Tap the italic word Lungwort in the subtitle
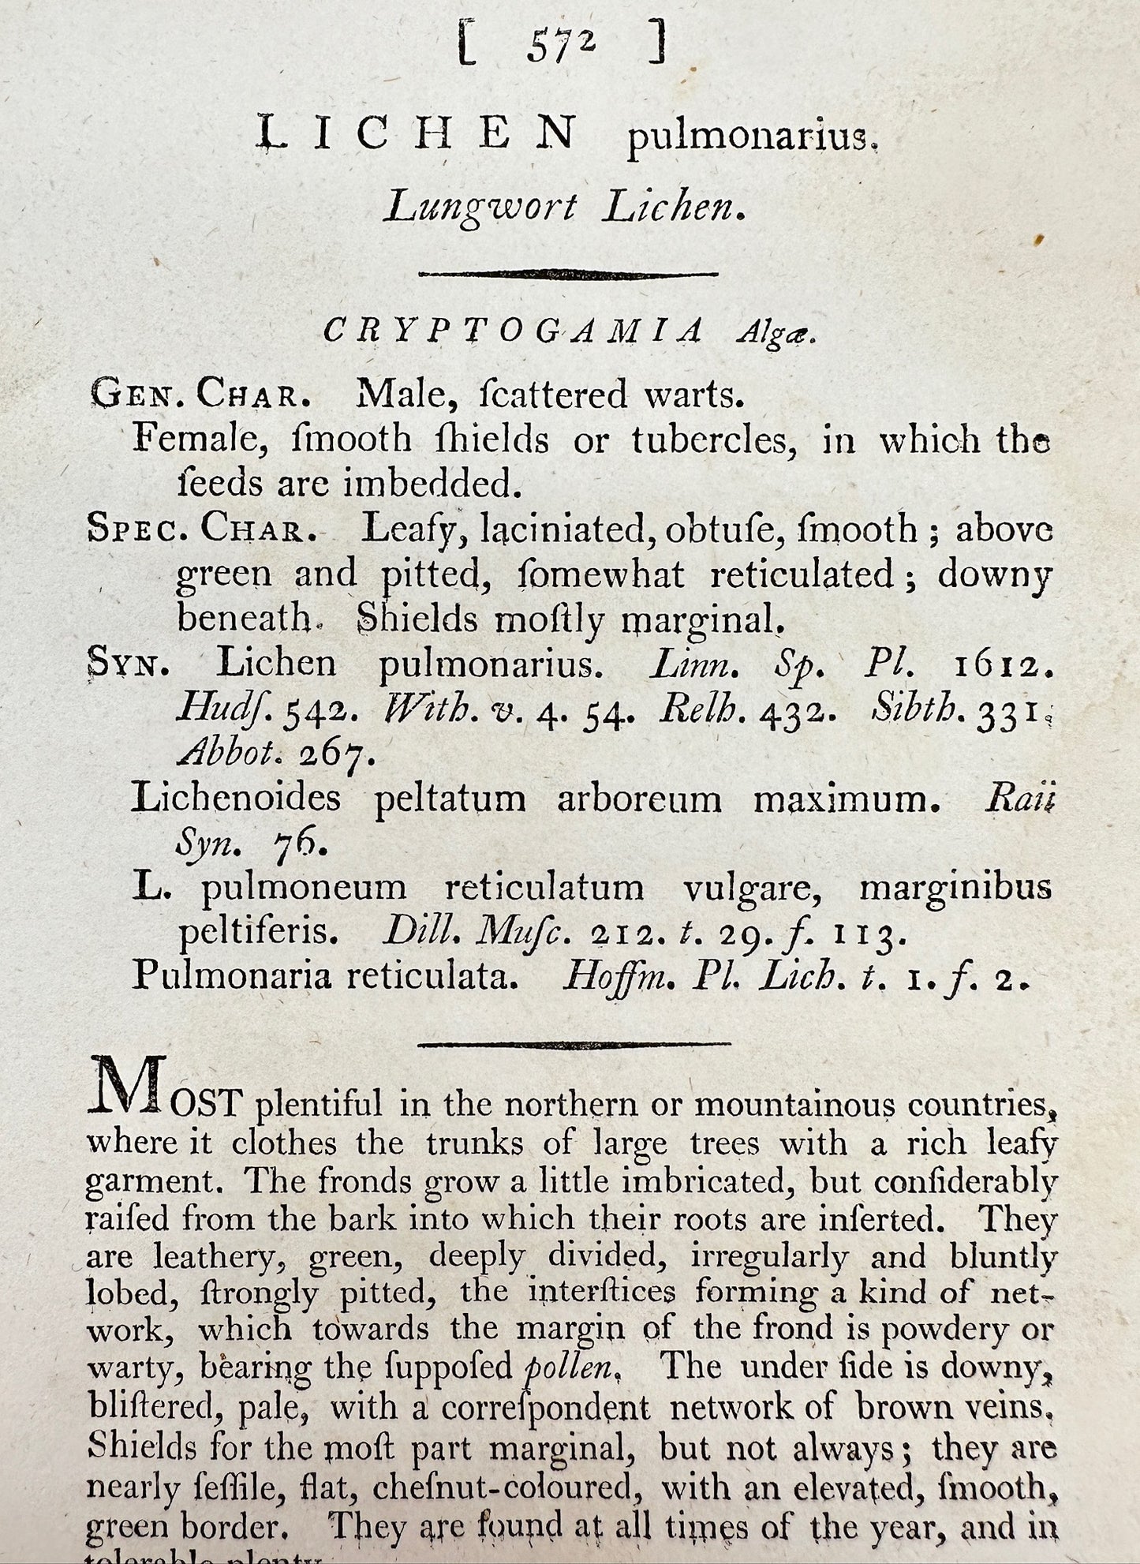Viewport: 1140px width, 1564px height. (x=480, y=208)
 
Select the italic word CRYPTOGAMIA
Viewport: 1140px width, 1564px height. (x=514, y=332)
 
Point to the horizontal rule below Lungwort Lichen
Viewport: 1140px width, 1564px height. (x=568, y=274)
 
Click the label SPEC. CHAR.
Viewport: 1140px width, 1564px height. (x=201, y=529)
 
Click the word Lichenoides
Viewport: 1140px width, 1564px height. (x=237, y=799)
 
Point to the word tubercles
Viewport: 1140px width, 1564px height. (x=710, y=440)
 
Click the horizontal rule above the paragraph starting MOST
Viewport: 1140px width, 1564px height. (x=574, y=1046)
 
